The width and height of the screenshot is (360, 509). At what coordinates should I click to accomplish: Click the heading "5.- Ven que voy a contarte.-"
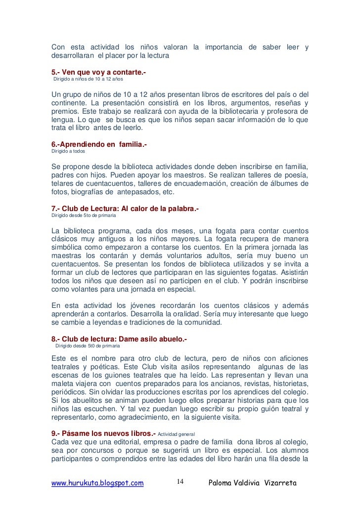[x=99, y=73]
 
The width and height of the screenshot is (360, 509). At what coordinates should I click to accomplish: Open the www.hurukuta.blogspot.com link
[x=98, y=482]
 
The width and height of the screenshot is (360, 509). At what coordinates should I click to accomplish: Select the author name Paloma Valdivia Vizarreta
[x=253, y=482]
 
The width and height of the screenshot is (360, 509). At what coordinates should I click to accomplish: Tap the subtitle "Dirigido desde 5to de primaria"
[x=85, y=215]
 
